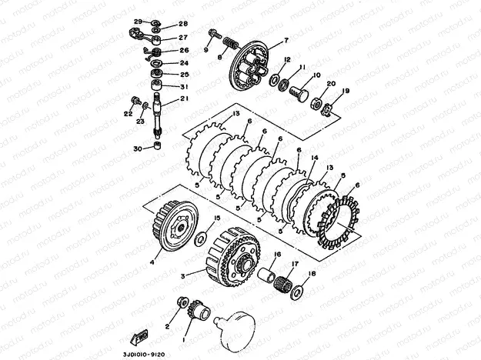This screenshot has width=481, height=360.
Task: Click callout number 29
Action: (x=137, y=21)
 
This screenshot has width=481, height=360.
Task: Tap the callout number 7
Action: (x=286, y=39)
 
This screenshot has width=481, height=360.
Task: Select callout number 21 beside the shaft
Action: (x=185, y=98)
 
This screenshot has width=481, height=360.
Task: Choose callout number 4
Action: (x=152, y=262)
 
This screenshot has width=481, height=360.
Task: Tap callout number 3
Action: (x=182, y=274)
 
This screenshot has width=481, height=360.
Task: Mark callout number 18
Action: (x=312, y=273)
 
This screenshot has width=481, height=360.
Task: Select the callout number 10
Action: (x=315, y=75)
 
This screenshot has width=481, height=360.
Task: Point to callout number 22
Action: (x=128, y=114)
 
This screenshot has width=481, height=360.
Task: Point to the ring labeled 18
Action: (x=299, y=292)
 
